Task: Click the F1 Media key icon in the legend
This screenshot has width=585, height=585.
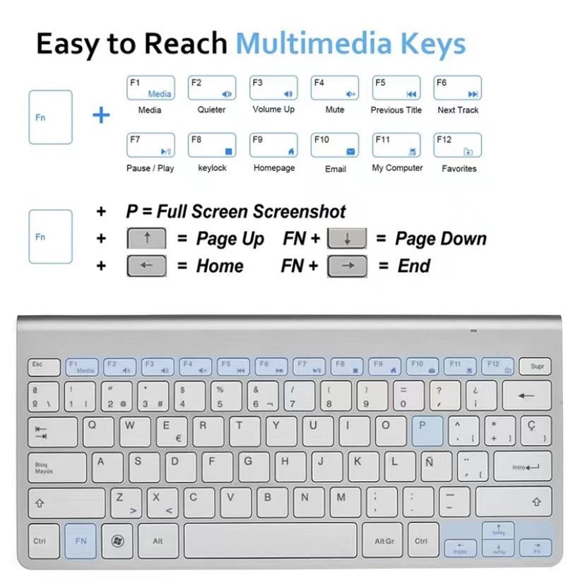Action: coord(150,88)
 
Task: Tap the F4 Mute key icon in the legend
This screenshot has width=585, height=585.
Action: coord(335,88)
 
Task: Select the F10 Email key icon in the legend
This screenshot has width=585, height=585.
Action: coord(335,145)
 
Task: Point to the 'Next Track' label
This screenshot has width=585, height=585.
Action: coord(458,110)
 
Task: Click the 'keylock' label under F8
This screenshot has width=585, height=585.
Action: coord(212,168)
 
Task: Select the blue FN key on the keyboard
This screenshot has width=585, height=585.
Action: coord(81,540)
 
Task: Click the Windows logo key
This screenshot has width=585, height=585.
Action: coord(117,540)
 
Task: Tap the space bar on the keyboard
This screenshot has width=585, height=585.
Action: coord(271,540)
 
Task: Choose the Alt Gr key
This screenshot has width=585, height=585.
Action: coord(383,540)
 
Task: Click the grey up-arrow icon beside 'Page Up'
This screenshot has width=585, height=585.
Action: coord(146,239)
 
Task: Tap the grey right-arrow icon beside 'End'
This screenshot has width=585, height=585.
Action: coord(347,266)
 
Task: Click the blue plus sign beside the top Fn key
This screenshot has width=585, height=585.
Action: coord(102,115)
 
